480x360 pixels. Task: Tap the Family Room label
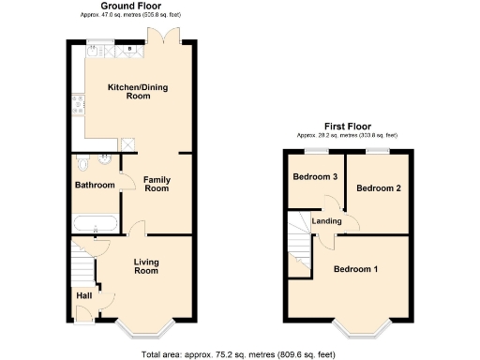(157, 183)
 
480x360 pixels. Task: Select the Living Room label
(145, 266)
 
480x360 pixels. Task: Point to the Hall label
(84, 295)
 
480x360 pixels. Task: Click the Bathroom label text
(95, 186)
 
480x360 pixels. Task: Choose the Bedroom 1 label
(356, 270)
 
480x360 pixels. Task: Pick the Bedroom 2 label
(380, 188)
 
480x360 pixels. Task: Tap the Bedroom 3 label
(315, 177)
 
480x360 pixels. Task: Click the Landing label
(327, 221)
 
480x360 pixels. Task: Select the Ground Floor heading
(129, 7)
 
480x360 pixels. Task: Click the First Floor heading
(348, 126)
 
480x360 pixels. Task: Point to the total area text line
(239, 354)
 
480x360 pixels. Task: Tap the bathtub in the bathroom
(95, 225)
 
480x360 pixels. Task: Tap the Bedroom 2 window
(377, 150)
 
